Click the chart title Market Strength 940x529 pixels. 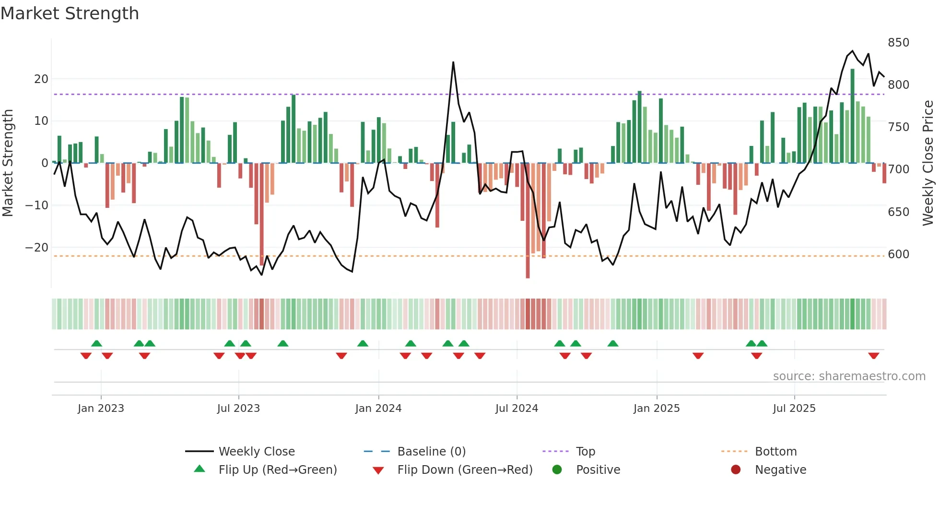70,13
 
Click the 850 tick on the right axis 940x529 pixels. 898,43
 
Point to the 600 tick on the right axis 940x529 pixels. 898,254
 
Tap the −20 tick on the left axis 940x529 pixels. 37,248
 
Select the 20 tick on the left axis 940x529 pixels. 41,79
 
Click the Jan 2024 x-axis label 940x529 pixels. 378,409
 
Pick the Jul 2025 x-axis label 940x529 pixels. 794,409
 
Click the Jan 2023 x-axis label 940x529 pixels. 101,409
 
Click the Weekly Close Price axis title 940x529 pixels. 928,163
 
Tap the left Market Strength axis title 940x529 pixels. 8,163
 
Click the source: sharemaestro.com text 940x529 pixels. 849,376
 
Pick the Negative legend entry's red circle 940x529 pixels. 736,470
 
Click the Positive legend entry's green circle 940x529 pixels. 557,470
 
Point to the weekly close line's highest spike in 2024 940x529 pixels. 453,62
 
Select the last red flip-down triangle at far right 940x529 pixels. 873,356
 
